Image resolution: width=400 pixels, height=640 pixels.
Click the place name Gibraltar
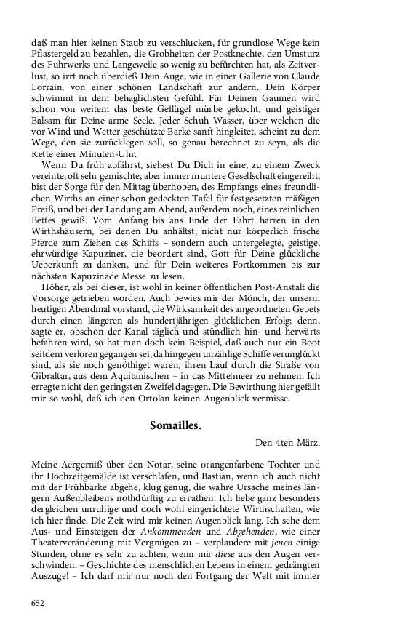click(53, 369)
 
